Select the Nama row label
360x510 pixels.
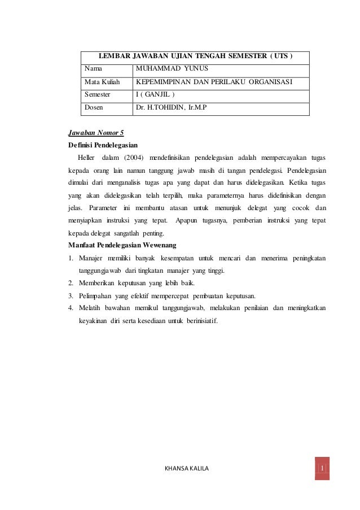[94, 69]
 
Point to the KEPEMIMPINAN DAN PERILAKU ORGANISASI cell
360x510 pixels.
[214, 82]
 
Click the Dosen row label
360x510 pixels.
[95, 108]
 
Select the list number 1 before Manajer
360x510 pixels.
[71, 258]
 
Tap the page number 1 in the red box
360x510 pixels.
[322, 469]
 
